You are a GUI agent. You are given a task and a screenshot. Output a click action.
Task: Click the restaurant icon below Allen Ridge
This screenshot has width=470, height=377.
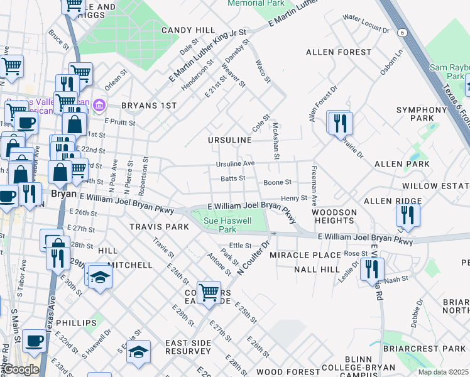408,216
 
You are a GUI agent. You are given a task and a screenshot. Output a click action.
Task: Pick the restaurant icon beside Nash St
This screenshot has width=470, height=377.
372,269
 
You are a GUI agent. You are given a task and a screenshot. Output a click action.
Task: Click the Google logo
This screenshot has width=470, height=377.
20,369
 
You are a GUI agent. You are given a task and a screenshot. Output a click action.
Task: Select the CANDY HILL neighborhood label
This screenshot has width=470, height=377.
189,30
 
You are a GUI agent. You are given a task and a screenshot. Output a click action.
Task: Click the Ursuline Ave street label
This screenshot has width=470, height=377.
235,163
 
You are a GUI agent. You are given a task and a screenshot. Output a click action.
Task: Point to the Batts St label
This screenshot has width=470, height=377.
232,178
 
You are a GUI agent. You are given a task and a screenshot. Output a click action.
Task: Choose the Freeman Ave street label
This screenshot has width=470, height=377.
312,184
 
